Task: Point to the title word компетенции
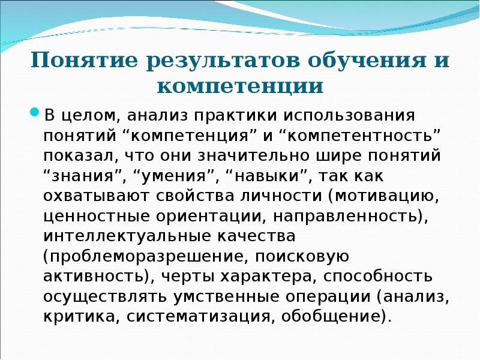pos(240,86)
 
